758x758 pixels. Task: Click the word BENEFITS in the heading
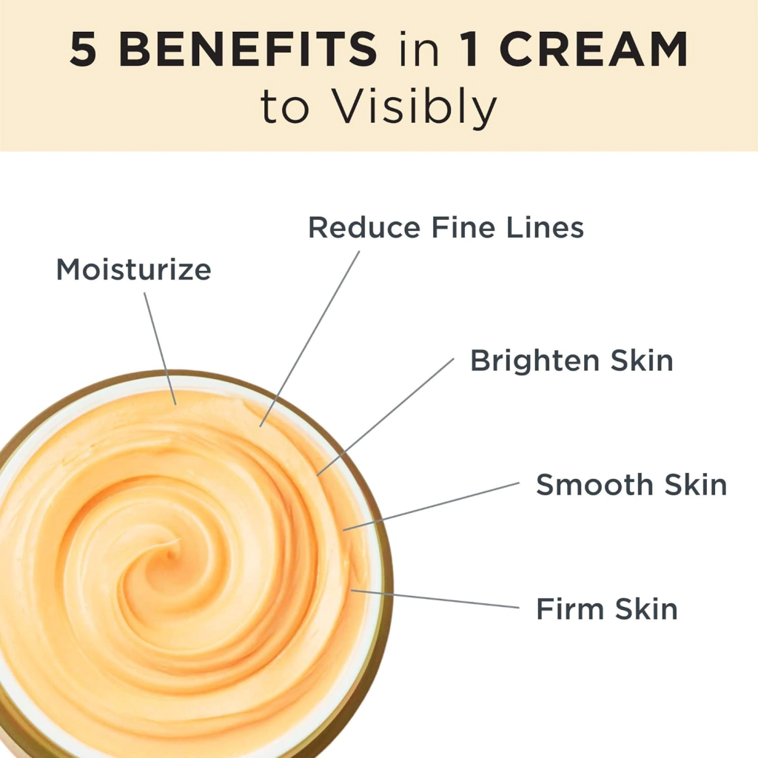click(x=247, y=49)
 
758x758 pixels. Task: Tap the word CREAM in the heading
click(x=594, y=49)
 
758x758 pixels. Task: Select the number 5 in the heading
click(x=83, y=49)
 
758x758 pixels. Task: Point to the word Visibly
click(x=415, y=107)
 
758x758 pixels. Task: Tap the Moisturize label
click(x=134, y=269)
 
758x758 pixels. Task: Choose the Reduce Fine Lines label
click(x=446, y=227)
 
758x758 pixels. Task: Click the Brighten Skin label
click(x=572, y=360)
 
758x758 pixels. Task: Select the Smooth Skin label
click(x=631, y=484)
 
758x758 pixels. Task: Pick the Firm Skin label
click(x=607, y=608)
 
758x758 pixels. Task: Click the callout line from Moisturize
click(x=160, y=349)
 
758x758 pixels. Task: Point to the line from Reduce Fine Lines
click(x=310, y=338)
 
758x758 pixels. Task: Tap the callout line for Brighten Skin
click(x=385, y=417)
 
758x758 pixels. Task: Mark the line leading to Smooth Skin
click(x=432, y=506)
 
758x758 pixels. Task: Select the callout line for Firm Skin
click(x=435, y=598)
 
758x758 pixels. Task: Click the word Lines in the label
click(x=545, y=227)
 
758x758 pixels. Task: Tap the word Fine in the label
click(x=463, y=227)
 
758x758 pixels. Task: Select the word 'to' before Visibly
click(x=284, y=108)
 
